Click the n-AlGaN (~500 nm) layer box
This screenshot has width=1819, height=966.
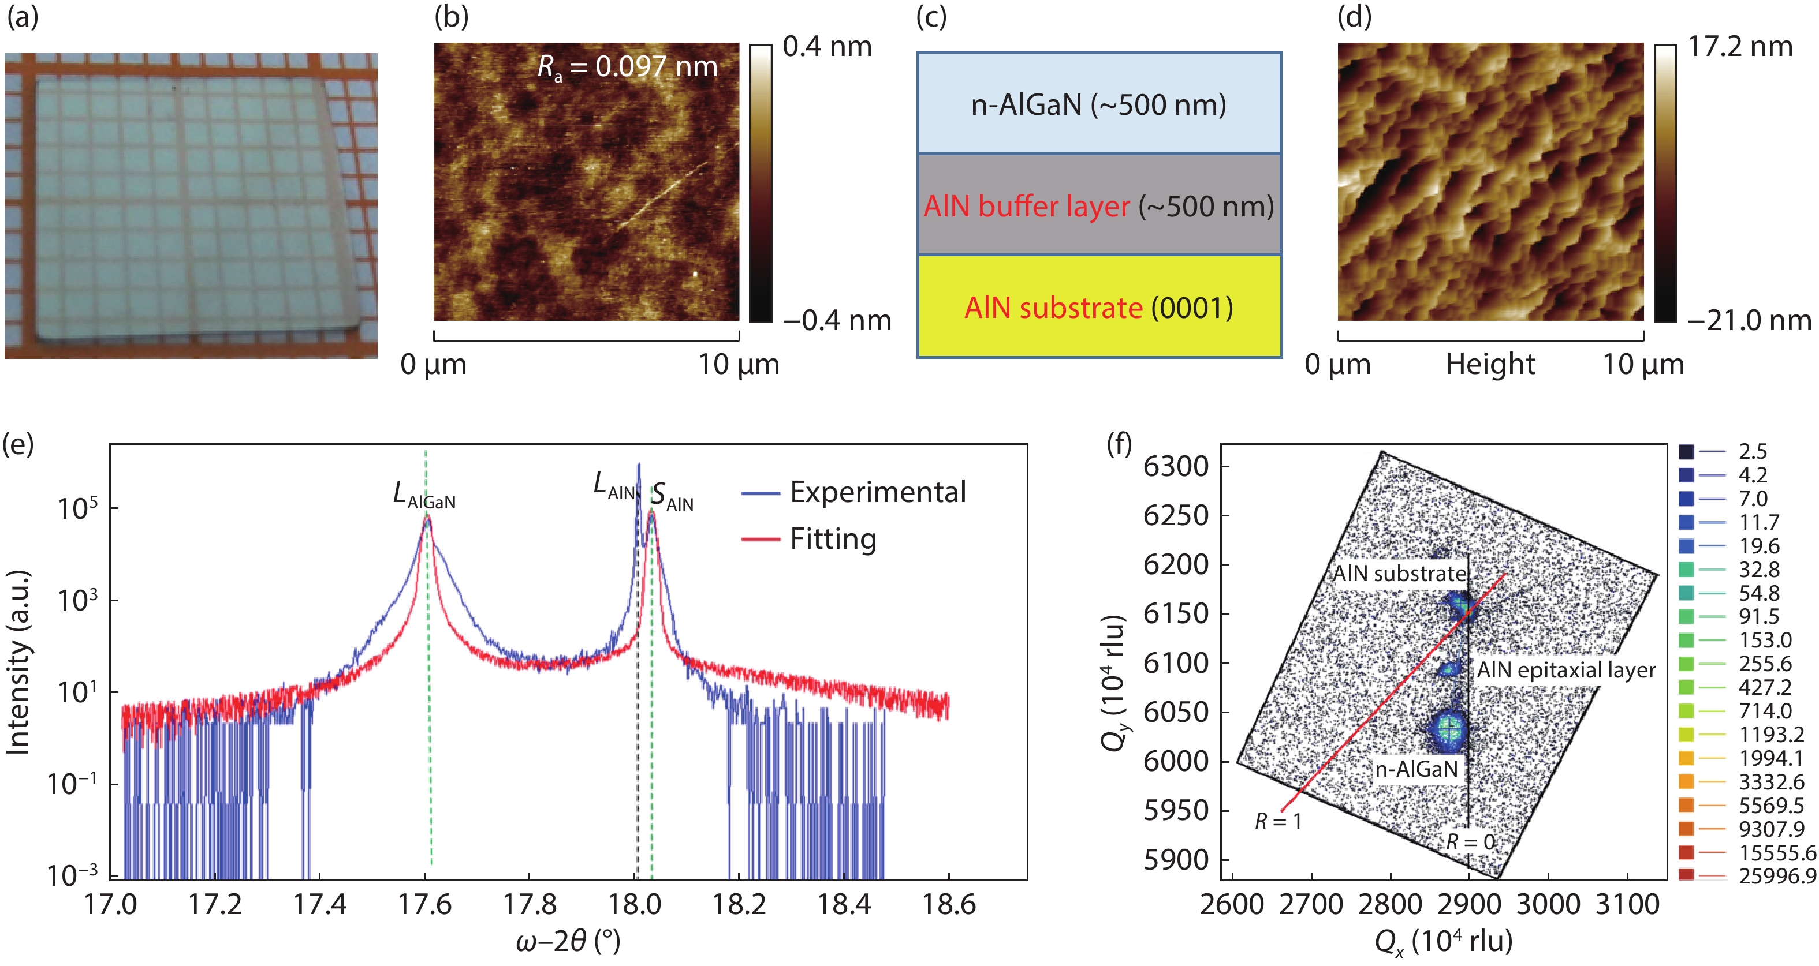1099,104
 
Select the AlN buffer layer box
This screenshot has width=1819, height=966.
1099,205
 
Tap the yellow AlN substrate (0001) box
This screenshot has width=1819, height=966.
1099,307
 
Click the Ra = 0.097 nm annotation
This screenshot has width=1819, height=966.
627,67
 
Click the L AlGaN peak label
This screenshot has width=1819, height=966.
424,495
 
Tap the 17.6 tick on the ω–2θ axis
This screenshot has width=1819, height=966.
424,904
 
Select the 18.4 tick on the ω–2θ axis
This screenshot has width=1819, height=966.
844,904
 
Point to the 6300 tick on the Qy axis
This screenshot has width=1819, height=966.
1176,466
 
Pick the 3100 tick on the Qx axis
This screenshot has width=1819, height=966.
1627,904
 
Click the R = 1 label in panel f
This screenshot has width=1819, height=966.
1277,821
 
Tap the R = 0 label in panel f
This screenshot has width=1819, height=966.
1470,842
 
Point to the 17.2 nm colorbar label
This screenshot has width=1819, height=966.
1740,47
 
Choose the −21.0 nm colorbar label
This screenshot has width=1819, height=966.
1749,321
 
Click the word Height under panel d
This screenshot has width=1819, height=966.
1490,364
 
